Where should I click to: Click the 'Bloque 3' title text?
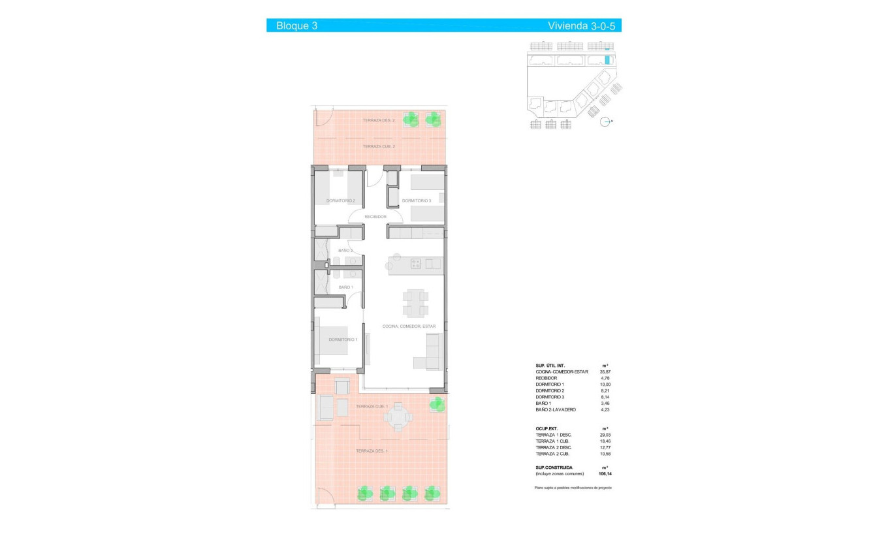tap(296, 26)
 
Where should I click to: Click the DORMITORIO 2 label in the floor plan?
tap(341, 201)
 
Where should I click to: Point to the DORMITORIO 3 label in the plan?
tap(417, 201)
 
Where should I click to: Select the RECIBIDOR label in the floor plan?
tap(375, 217)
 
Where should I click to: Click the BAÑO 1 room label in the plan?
tap(345, 287)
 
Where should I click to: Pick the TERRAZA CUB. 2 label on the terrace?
tap(379, 147)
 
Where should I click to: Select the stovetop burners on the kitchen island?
tap(415, 264)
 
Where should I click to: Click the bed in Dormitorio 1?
tap(339, 340)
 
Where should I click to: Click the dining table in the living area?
tap(415, 303)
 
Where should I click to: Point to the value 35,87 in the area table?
tap(605, 372)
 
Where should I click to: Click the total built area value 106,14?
tap(605, 473)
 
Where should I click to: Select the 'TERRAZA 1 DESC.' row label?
tap(553, 435)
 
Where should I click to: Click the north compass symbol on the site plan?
tap(605, 121)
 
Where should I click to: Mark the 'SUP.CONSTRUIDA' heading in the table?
tap(554, 468)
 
